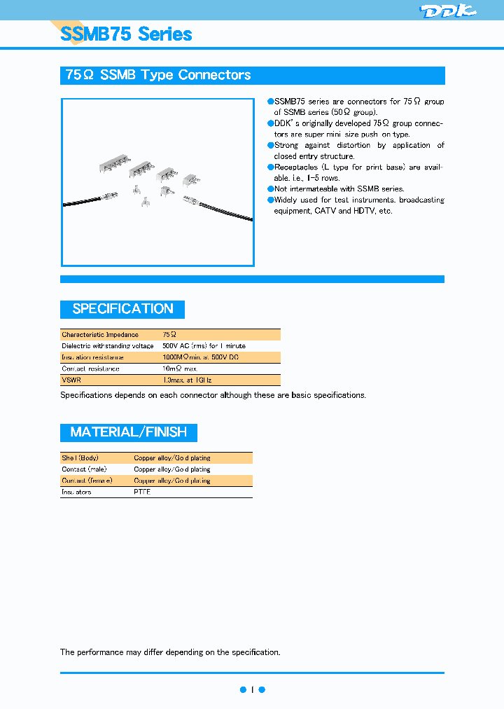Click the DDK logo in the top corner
pyautogui.click(x=447, y=11)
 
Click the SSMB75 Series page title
pyautogui.click(x=126, y=34)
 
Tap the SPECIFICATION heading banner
pyautogui.click(x=122, y=309)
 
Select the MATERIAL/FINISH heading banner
pyautogui.click(x=129, y=432)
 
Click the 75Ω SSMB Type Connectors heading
pyautogui.click(x=158, y=76)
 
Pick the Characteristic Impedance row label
pyautogui.click(x=100, y=335)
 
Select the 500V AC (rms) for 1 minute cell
pyautogui.click(x=204, y=346)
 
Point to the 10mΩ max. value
pyautogui.click(x=180, y=369)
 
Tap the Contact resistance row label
pyautogui.click(x=90, y=369)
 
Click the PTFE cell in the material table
pyautogui.click(x=142, y=492)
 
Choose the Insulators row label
pyautogui.click(x=76, y=492)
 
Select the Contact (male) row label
pyautogui.click(x=83, y=469)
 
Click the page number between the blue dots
pyautogui.click(x=252, y=689)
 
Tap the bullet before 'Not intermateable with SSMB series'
pyautogui.click(x=270, y=189)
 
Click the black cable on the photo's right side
pyautogui.click(x=224, y=214)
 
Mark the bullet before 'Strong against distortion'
pyautogui.click(x=270, y=145)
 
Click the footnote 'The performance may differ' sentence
pyautogui.click(x=170, y=652)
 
